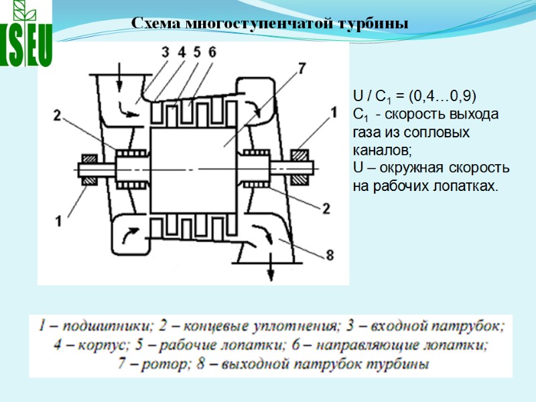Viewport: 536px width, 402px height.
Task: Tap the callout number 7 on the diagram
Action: [301, 68]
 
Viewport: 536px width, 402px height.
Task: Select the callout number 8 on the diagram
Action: [329, 255]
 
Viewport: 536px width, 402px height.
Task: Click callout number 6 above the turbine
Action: [212, 52]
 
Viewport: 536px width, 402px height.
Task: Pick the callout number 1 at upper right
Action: [332, 115]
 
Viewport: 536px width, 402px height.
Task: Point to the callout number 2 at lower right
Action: [326, 208]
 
